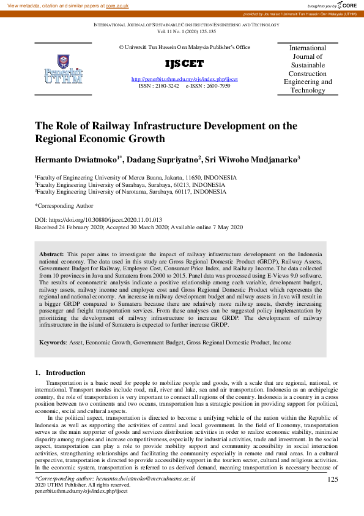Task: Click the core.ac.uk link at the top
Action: pos(117,6)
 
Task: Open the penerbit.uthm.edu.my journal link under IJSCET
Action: pos(185,80)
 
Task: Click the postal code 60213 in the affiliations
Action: pos(178,184)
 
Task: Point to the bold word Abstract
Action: pos(51,253)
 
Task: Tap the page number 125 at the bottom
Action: pos(333,479)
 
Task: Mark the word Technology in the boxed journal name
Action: pos(307,91)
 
